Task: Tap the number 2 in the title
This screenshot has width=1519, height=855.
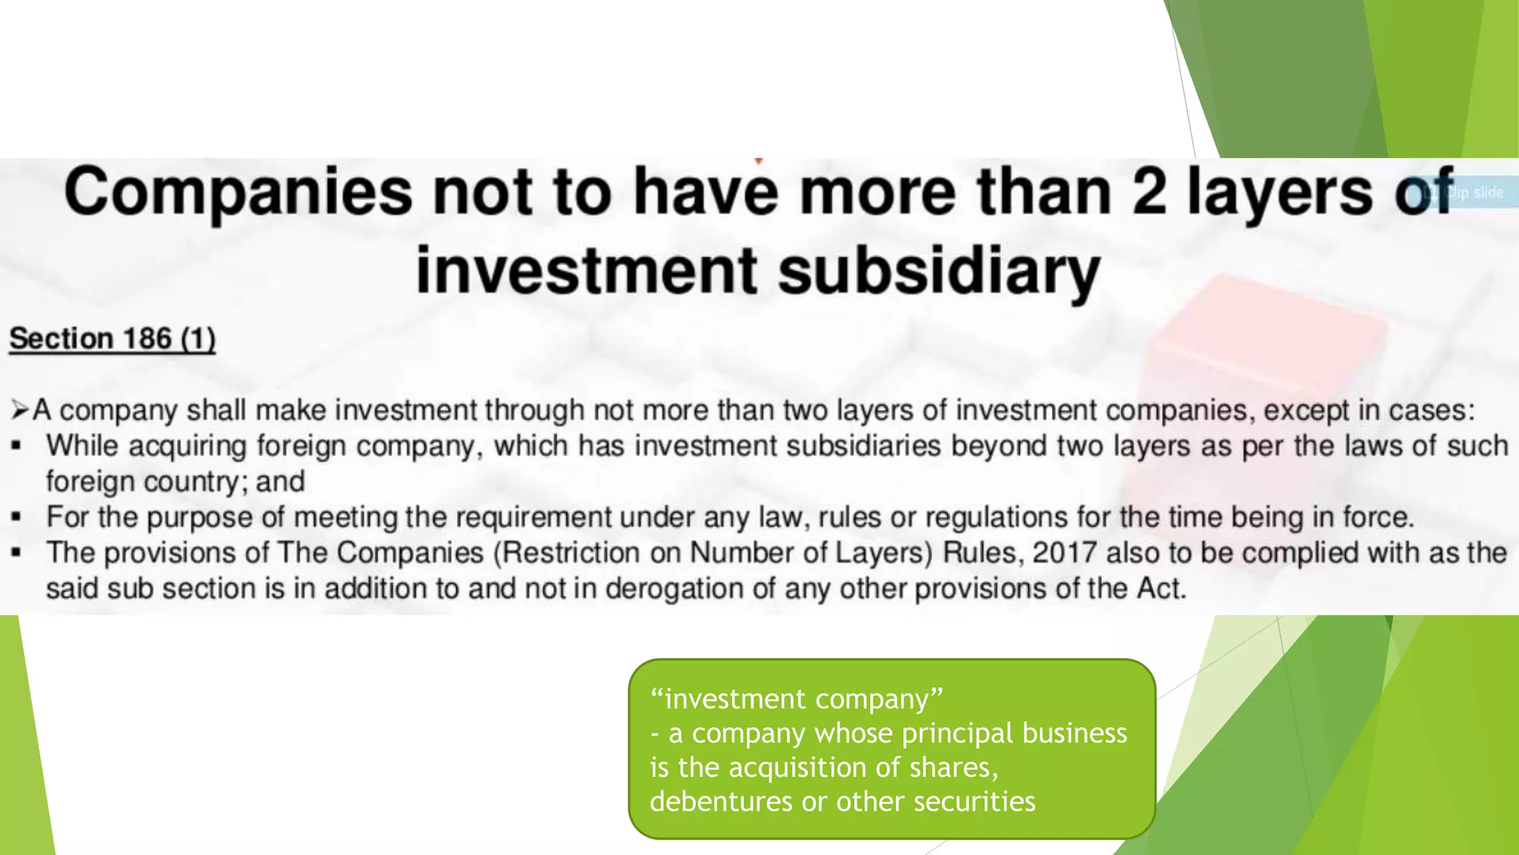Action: pyautogui.click(x=1150, y=191)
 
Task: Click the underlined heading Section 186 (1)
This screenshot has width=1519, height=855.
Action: pyautogui.click(x=112, y=339)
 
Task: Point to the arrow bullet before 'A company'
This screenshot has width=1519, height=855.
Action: pyautogui.click(x=19, y=410)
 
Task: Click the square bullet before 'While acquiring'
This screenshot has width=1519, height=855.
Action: pyautogui.click(x=16, y=447)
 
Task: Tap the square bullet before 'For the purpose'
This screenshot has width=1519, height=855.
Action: pyautogui.click(x=16, y=518)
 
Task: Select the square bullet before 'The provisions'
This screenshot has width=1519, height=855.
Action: pyautogui.click(x=16, y=554)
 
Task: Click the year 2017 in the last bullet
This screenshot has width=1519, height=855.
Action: pyautogui.click(x=1064, y=554)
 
